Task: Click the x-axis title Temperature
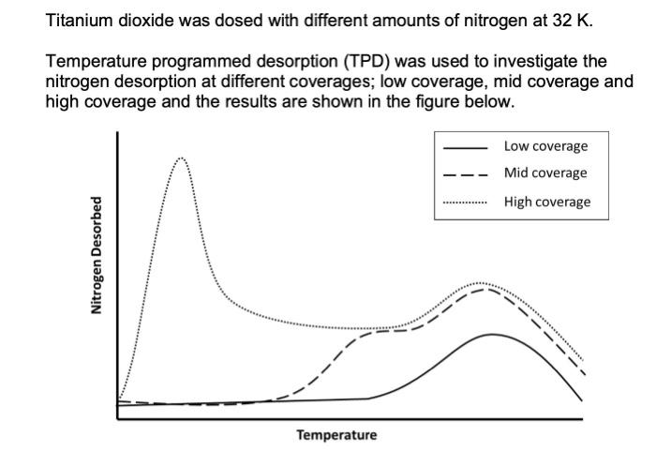click(336, 435)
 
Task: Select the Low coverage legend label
click(545, 146)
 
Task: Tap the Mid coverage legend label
click(545, 173)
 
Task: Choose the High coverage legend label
click(547, 202)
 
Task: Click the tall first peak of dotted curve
click(182, 158)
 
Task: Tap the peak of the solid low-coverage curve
click(490, 334)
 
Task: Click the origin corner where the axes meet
click(118, 418)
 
